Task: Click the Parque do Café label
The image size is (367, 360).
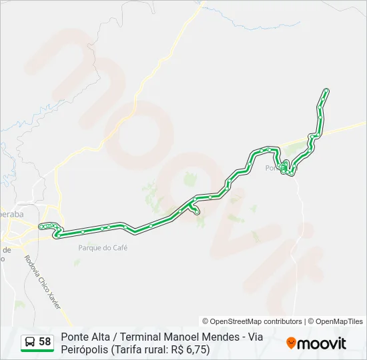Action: tap(102, 248)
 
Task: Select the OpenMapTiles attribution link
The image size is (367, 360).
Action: tap(338, 321)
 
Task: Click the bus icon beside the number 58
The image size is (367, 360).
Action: tap(30, 342)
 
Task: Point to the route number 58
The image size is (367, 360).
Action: tap(45, 342)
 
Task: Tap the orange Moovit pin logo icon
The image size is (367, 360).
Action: tap(291, 343)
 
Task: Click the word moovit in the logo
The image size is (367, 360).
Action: tap(322, 343)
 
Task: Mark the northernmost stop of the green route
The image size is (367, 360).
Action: tap(326, 90)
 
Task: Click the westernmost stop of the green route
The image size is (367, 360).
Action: tap(41, 227)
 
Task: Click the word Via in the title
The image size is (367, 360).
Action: tap(253, 337)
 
